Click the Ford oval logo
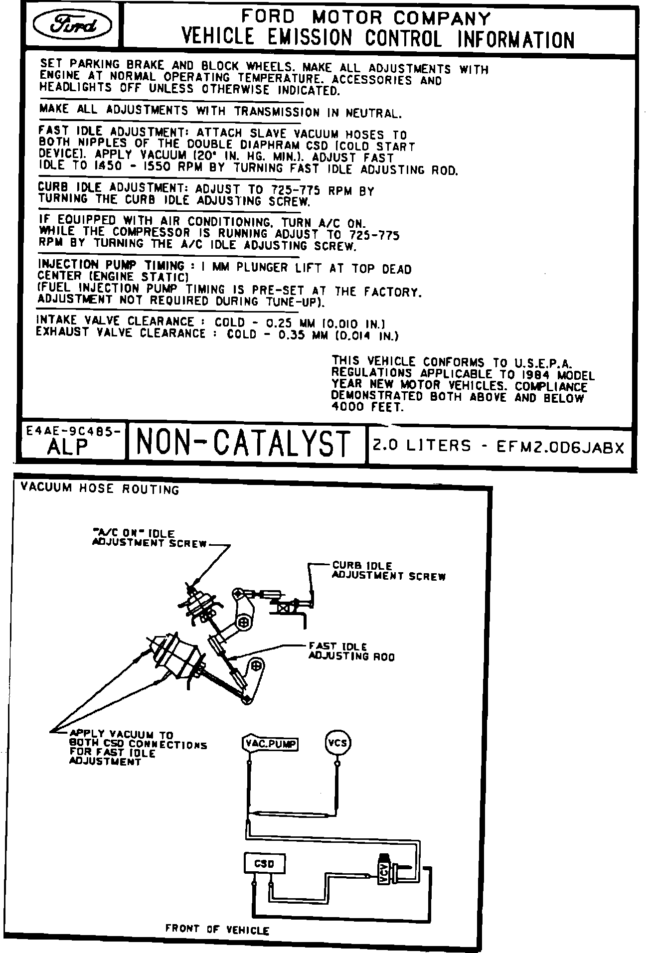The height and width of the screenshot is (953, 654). (x=72, y=25)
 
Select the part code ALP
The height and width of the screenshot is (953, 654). (x=68, y=448)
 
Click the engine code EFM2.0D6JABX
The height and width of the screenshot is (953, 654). (x=560, y=447)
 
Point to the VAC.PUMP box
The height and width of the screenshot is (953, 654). (x=270, y=744)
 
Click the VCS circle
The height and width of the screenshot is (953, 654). (x=338, y=744)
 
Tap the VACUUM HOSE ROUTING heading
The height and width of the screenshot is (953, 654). (x=100, y=488)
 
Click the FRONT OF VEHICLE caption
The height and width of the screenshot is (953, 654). (x=217, y=929)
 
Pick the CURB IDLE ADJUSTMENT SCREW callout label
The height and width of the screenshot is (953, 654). (x=389, y=571)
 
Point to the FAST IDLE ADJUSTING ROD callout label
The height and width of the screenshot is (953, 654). (x=351, y=651)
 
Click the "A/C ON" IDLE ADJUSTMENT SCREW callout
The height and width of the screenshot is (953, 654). (x=150, y=538)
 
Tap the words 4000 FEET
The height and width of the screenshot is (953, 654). (x=367, y=407)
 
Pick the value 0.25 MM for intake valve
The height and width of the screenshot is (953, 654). (x=288, y=322)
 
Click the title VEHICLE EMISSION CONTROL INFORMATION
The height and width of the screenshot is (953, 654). (x=378, y=38)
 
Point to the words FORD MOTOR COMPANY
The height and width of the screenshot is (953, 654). (x=366, y=17)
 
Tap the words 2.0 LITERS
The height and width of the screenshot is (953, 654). (x=422, y=445)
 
